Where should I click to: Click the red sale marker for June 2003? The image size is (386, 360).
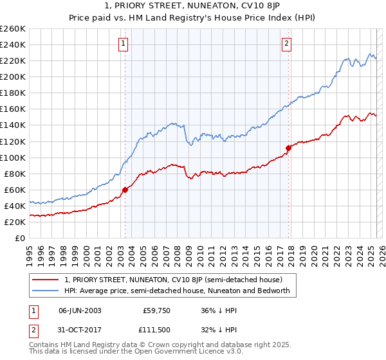(x=125, y=190)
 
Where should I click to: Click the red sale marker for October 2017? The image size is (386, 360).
(x=288, y=148)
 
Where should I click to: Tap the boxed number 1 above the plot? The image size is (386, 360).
(x=123, y=44)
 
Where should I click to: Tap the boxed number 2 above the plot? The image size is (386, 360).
(x=286, y=44)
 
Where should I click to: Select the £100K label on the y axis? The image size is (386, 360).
(x=13, y=157)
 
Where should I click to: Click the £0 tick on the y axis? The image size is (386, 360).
(x=21, y=238)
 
